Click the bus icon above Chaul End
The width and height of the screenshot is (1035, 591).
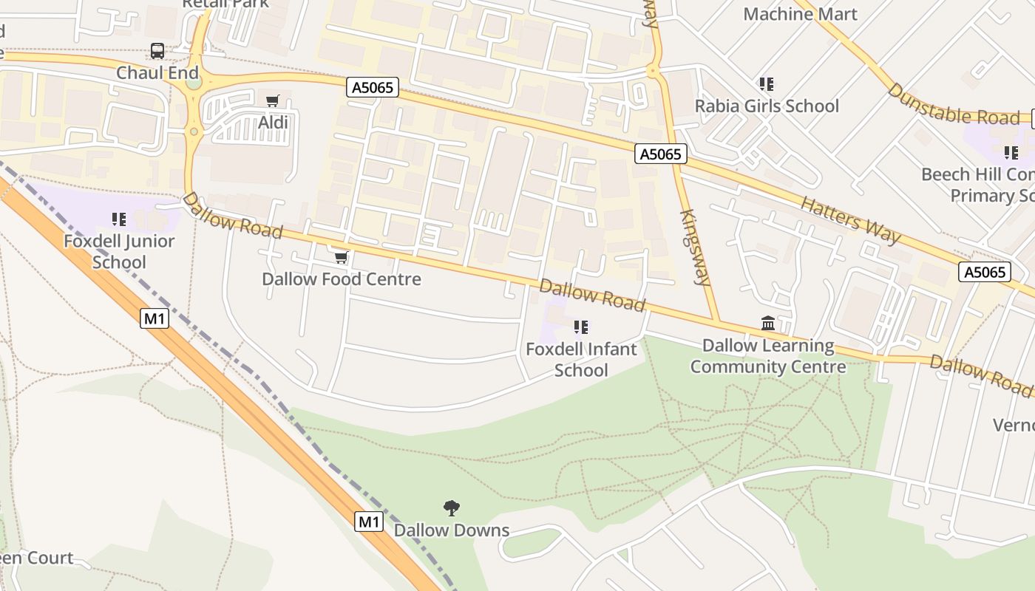coord(157,51)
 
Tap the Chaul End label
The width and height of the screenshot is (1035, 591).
coord(157,72)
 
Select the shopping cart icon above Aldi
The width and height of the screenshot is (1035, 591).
coord(273,100)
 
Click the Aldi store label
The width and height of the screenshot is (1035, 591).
coord(273,122)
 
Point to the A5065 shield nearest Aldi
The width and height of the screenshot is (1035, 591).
coord(373,88)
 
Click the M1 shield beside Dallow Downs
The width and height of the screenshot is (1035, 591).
coord(369,522)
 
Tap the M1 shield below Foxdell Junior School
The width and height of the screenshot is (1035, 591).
coord(155,318)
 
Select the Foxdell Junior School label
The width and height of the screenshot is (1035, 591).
coord(119,251)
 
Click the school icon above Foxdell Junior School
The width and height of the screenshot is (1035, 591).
coord(119,219)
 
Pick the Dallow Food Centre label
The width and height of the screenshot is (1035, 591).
coord(342,279)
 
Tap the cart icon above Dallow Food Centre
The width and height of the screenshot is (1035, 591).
coord(341,257)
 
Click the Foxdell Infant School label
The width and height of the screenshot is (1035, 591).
coord(581,359)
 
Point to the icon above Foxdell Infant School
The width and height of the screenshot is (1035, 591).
coord(581,327)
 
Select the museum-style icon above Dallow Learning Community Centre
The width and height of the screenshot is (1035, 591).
coord(768,324)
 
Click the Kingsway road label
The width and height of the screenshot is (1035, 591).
coord(694,247)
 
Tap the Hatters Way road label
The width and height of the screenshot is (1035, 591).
coord(851,219)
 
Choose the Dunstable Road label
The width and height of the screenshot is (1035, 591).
coord(953,104)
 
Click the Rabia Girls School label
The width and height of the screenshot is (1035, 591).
coord(767,106)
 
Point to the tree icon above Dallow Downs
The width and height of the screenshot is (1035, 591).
coord(452,508)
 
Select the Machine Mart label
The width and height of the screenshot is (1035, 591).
coord(800,14)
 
